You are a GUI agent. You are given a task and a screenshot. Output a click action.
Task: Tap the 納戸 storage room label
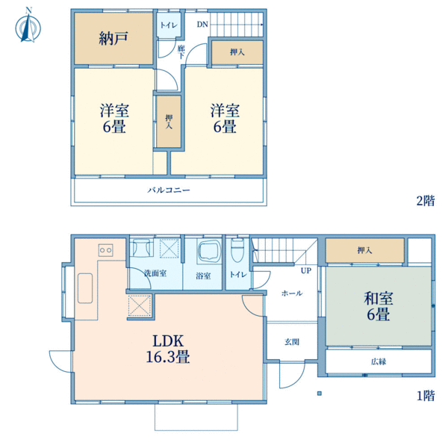(113, 38)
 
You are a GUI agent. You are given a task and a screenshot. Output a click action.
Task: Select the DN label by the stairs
(202, 25)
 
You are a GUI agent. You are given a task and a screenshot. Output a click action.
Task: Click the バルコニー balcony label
(169, 190)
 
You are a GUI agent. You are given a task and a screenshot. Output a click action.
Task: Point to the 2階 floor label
(426, 201)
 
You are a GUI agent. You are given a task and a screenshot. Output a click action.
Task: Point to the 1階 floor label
(426, 396)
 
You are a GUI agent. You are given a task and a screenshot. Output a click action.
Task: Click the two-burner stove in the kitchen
(106, 250)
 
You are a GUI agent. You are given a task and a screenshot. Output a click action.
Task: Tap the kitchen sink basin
(85, 288)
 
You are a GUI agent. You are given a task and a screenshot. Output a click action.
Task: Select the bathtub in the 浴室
(208, 251)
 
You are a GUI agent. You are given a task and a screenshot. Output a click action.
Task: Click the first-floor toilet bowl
(237, 250)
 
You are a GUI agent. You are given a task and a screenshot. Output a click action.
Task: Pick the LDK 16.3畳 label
(168, 349)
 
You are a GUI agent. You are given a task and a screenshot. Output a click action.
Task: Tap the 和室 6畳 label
(379, 306)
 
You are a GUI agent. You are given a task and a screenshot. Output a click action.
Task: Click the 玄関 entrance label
(292, 342)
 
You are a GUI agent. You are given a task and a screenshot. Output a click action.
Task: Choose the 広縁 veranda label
(379, 361)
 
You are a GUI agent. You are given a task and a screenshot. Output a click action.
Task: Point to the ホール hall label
(292, 293)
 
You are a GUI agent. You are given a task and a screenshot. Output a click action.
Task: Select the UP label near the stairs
(306, 270)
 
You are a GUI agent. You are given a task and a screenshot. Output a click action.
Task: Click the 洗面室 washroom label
(155, 273)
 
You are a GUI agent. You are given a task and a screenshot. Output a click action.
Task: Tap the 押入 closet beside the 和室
(365, 251)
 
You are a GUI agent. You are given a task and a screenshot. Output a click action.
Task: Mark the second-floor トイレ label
(169, 25)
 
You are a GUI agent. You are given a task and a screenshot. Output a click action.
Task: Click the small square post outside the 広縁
(320, 393)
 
